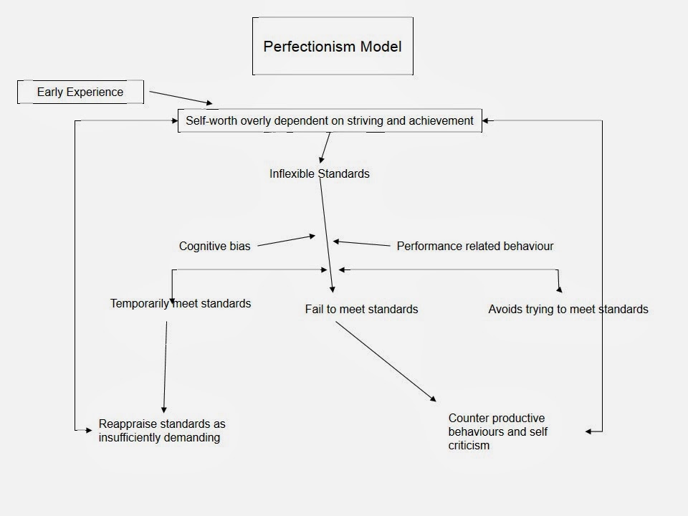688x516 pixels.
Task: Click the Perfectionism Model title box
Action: pyautogui.click(x=333, y=47)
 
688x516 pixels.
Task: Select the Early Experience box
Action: pyautogui.click(x=80, y=92)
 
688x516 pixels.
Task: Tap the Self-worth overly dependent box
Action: pyautogui.click(x=330, y=121)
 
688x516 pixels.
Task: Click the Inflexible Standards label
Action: pyautogui.click(x=320, y=173)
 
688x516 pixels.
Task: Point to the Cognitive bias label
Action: pyautogui.click(x=214, y=247)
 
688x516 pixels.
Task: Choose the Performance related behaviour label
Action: pyautogui.click(x=475, y=246)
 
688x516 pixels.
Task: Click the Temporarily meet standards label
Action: pyautogui.click(x=181, y=304)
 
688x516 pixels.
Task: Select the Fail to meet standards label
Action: pyautogui.click(x=361, y=310)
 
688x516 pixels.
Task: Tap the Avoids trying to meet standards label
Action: pyautogui.click(x=568, y=310)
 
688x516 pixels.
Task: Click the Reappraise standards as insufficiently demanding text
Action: pyautogui.click(x=162, y=431)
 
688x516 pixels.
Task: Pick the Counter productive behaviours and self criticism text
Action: pyautogui.click(x=497, y=431)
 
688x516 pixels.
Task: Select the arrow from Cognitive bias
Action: pyautogui.click(x=285, y=241)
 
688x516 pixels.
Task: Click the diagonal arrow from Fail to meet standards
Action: pyautogui.click(x=385, y=361)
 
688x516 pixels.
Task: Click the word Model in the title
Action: pyautogui.click(x=381, y=47)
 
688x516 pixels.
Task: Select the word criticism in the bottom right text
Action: pyautogui.click(x=469, y=445)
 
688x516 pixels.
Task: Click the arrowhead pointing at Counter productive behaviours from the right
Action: pyautogui.click(x=589, y=431)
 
